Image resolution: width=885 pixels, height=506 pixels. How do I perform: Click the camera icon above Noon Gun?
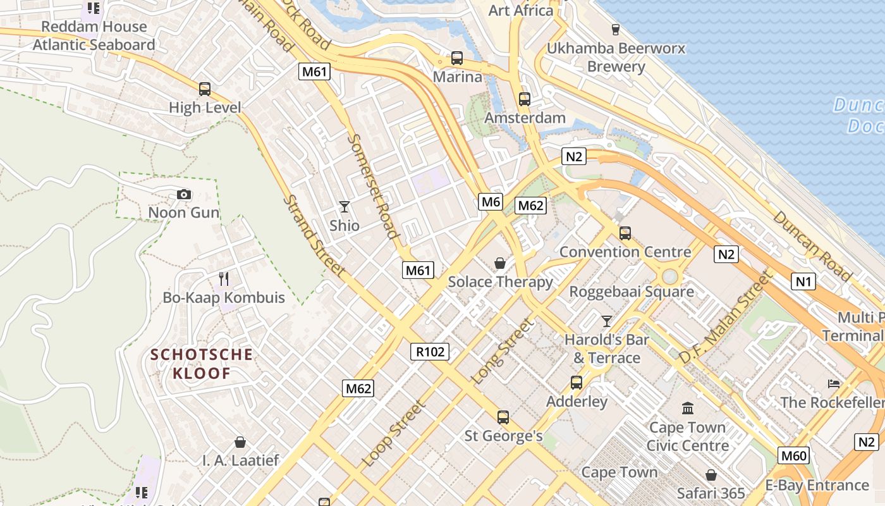(184, 195)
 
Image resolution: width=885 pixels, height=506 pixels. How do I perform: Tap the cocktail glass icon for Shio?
(344, 207)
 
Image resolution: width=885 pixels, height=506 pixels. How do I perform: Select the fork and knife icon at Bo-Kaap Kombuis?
(223, 279)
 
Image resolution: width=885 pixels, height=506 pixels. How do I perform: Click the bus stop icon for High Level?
(204, 89)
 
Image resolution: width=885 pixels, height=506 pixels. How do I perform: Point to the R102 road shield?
(431, 352)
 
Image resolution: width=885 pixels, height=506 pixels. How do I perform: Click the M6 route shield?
(491, 202)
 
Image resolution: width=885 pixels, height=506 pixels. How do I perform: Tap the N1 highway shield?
(803, 281)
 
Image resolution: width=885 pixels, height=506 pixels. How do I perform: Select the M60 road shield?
(793, 455)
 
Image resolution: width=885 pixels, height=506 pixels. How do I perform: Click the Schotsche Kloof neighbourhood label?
(202, 364)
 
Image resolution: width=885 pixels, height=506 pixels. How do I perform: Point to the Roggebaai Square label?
(632, 292)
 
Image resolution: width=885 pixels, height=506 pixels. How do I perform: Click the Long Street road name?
(503, 351)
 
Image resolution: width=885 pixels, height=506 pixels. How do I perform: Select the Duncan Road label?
(812, 245)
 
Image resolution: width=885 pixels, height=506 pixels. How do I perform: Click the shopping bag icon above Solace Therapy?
(500, 263)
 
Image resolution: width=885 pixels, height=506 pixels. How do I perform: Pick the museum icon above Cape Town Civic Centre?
(688, 409)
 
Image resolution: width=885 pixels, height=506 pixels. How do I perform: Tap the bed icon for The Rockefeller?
(834, 384)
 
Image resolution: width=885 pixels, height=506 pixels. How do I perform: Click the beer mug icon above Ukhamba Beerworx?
(615, 29)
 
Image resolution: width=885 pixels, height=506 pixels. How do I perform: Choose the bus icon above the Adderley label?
(576, 382)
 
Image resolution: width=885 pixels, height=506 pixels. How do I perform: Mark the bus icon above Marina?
(456, 58)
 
